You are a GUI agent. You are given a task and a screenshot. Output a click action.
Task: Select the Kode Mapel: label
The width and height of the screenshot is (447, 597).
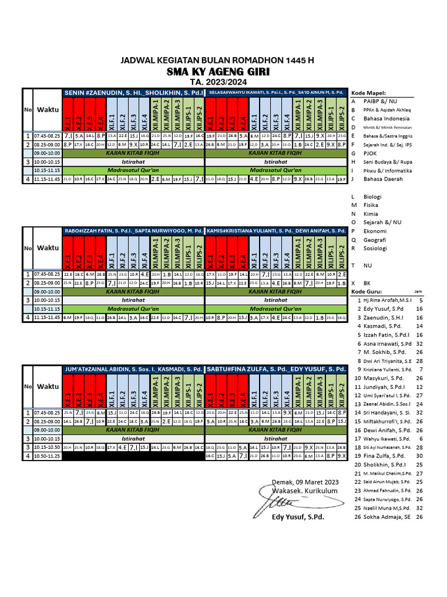point(369,93)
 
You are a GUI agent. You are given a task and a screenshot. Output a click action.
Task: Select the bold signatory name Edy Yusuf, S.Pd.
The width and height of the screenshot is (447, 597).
point(299,517)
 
